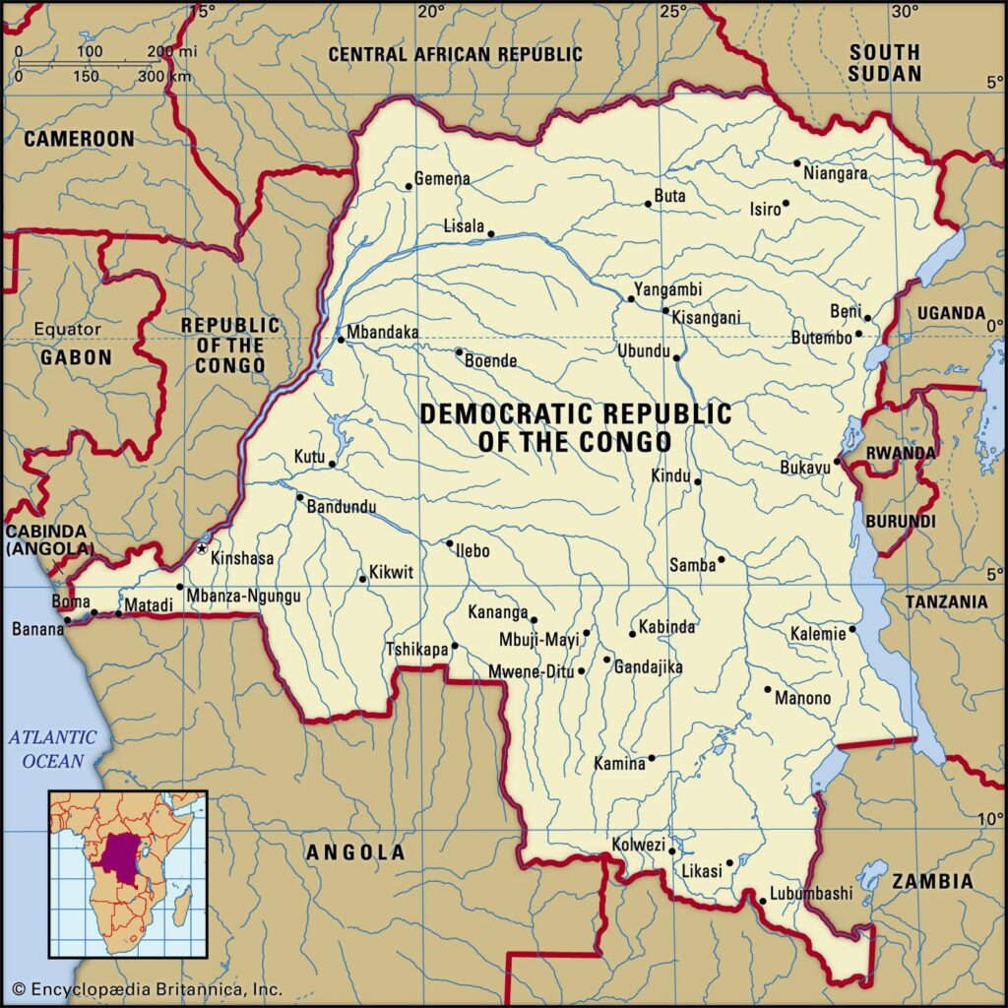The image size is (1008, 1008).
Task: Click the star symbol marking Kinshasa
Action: pos(202,548)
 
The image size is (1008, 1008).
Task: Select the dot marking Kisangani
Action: pos(665,311)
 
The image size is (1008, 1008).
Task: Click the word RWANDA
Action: pos(900,453)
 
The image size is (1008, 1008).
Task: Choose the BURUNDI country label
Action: pos(900,520)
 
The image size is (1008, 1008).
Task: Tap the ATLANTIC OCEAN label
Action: pos(52,748)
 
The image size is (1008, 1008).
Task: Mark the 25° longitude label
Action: pos(673,12)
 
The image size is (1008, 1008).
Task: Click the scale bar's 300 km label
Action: pos(163,77)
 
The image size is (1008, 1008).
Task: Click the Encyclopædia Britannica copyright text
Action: pos(148,989)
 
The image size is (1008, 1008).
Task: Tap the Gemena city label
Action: pos(442,179)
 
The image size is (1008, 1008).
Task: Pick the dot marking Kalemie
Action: pos(852,629)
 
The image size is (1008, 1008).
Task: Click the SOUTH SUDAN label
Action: pos(885,62)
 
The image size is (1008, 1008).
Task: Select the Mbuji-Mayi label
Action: pos(538,639)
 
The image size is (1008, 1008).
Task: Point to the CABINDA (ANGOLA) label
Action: pos(50,540)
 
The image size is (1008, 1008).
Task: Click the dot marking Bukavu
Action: pos(837,461)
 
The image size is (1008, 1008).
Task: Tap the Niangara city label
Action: pos(836,174)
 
